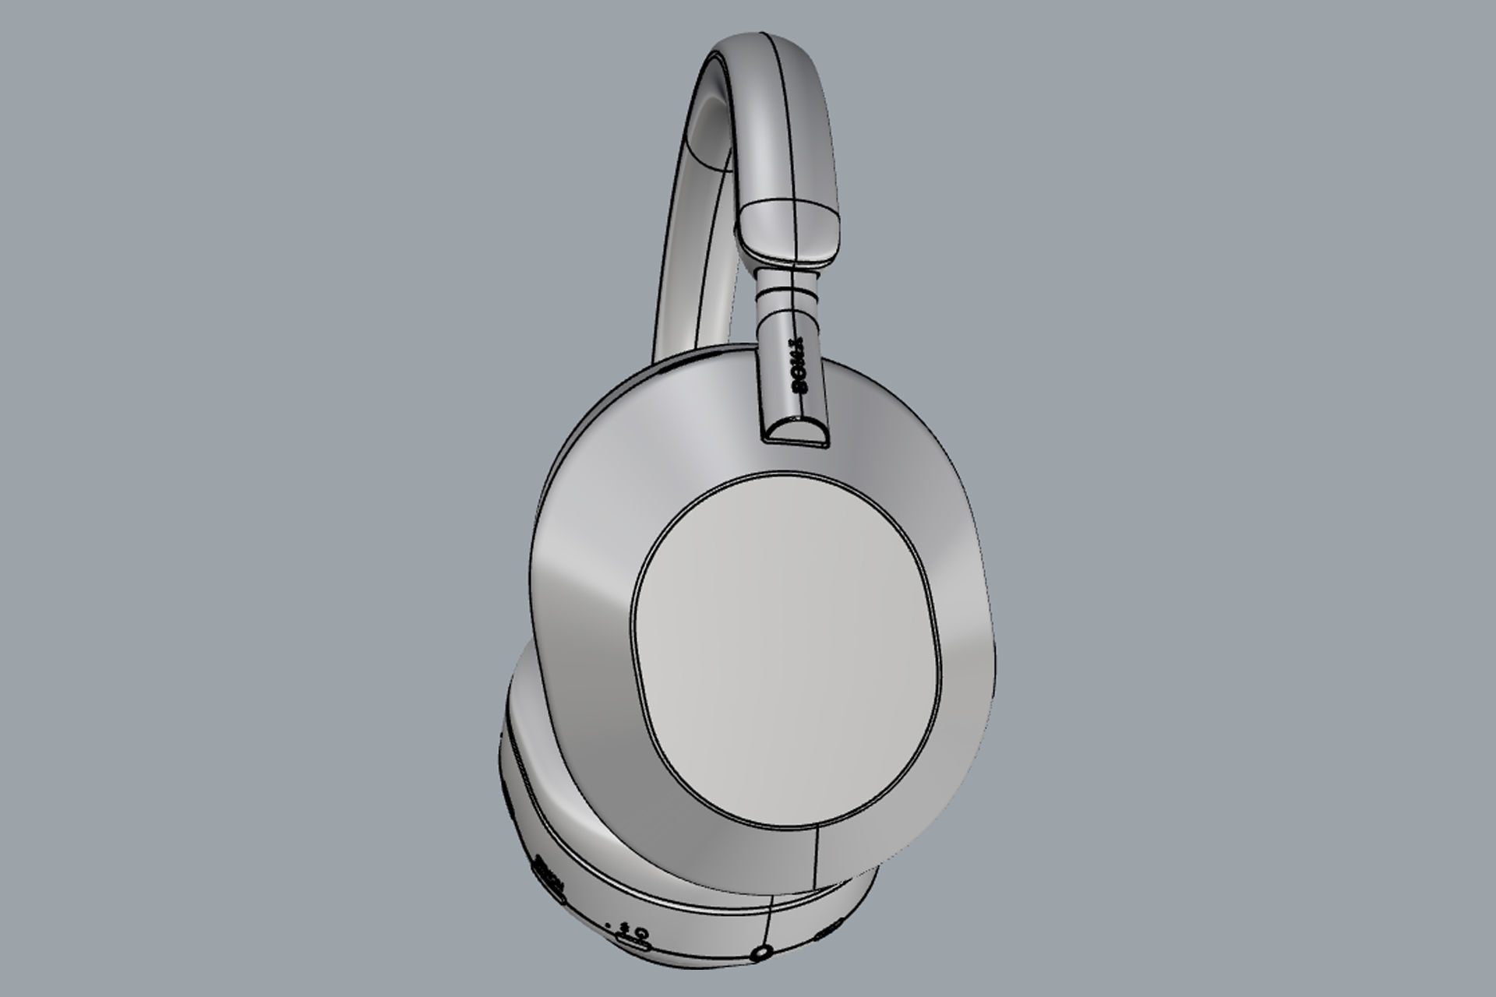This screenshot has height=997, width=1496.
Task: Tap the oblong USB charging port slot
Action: click(633, 944)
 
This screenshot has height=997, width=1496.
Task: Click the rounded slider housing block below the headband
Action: click(791, 230)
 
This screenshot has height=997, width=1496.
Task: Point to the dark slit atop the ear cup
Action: click(678, 362)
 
